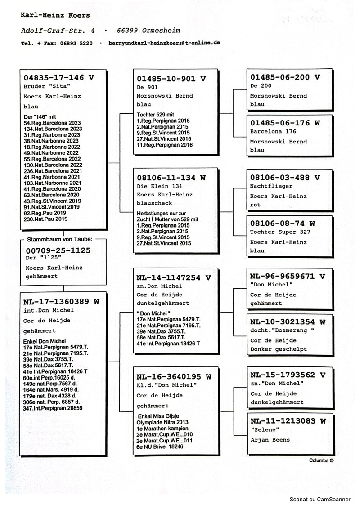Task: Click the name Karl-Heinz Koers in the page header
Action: click(x=55, y=15)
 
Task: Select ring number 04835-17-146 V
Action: click(x=59, y=77)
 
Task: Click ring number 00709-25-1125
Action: click(x=58, y=250)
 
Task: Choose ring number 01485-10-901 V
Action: click(x=171, y=79)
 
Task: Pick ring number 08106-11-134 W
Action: click(x=171, y=178)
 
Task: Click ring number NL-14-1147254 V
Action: click(x=174, y=277)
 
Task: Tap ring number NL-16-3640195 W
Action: click(x=174, y=376)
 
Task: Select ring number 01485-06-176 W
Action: click(x=285, y=122)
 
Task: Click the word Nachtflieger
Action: click(x=271, y=186)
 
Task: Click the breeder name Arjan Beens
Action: click(x=270, y=440)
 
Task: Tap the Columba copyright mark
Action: click(x=321, y=460)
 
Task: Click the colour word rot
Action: click(x=255, y=205)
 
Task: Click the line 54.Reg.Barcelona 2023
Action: click(x=52, y=123)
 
